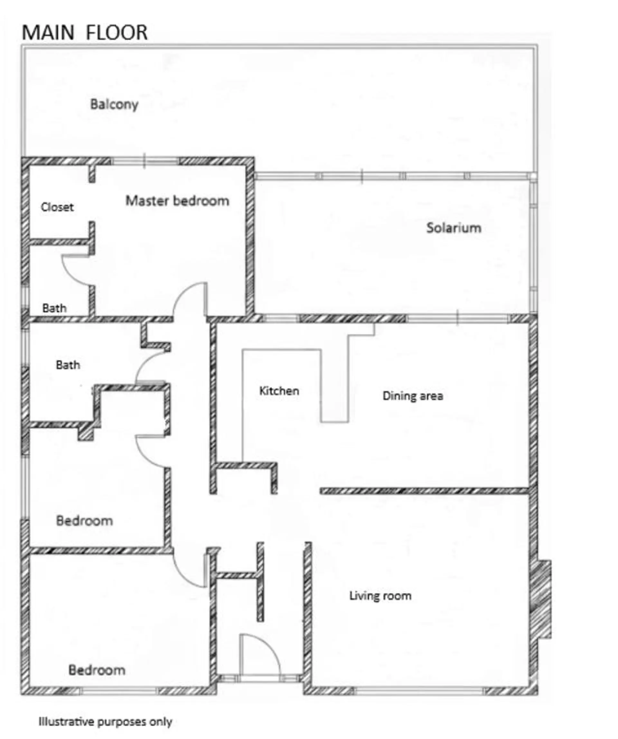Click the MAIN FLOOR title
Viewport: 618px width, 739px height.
(x=84, y=33)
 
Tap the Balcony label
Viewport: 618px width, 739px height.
(x=114, y=104)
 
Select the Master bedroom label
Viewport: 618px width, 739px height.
(x=177, y=201)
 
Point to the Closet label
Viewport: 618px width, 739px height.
(x=57, y=207)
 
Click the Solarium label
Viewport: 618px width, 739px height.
(x=454, y=228)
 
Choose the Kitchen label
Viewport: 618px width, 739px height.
(x=279, y=391)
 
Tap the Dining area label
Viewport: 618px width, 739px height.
(x=413, y=396)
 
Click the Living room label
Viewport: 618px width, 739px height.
(x=380, y=596)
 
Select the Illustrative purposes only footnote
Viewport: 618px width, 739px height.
(x=105, y=722)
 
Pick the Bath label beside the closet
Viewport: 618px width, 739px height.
(x=54, y=308)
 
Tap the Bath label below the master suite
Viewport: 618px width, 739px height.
(x=68, y=365)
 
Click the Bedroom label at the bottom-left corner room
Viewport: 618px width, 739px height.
(x=97, y=670)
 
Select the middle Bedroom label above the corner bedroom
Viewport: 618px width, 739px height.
(x=84, y=521)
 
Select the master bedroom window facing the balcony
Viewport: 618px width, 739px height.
(x=145, y=161)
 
